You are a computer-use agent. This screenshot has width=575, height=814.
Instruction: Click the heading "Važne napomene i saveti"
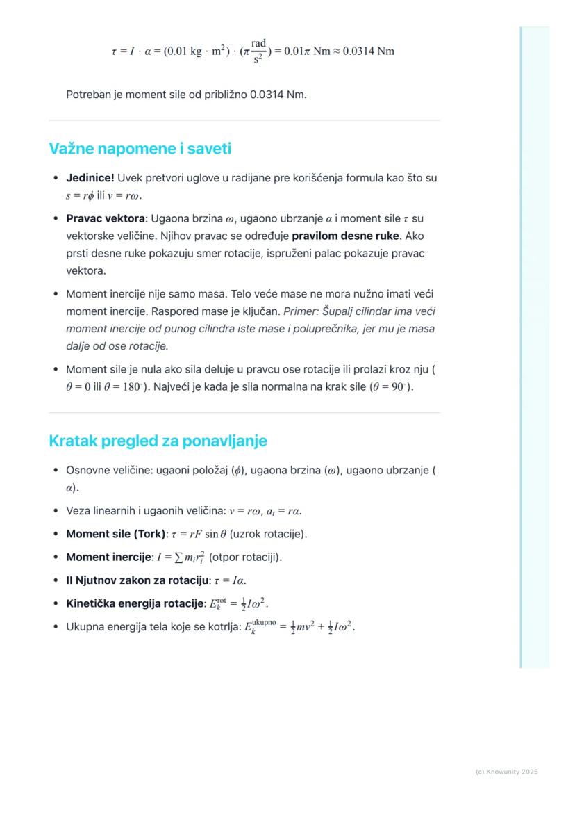pyautogui.click(x=140, y=149)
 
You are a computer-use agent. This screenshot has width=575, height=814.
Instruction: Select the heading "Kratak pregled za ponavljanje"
pyautogui.click(x=158, y=441)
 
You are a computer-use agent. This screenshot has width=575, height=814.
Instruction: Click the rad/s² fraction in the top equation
pyautogui.click(x=258, y=51)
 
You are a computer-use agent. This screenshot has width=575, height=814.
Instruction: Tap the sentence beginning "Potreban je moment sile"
pyautogui.click(x=186, y=94)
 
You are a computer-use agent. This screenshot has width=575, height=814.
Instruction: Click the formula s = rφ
pyautogui.click(x=80, y=196)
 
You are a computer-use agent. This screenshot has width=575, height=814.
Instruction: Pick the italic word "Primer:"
pyautogui.click(x=302, y=311)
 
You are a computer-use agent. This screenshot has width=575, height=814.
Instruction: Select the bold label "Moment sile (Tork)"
pyautogui.click(x=116, y=535)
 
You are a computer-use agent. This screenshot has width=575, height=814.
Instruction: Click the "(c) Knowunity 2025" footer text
pyautogui.click(x=506, y=772)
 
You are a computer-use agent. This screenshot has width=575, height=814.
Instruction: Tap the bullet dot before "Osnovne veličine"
pyautogui.click(x=56, y=471)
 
